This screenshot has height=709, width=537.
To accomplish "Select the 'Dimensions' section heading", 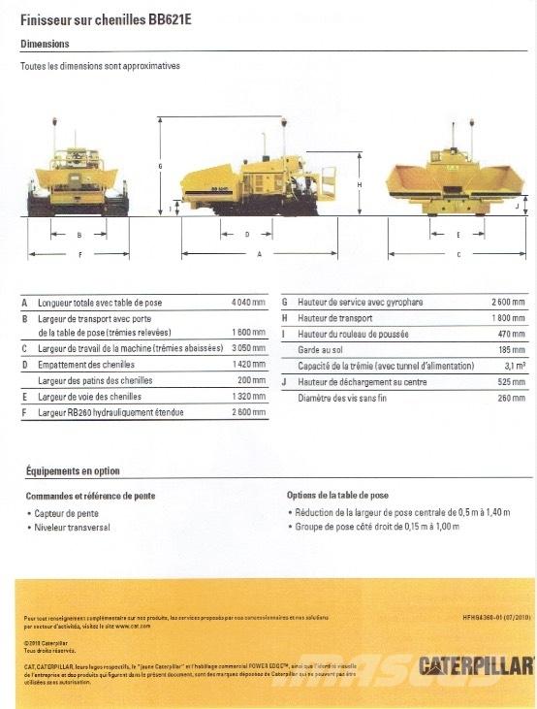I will (44, 44).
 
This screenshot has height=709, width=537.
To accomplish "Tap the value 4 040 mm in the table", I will (248, 303).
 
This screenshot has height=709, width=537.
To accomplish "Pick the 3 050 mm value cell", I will (248, 348).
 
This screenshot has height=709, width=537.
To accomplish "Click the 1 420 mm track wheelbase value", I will (248, 365).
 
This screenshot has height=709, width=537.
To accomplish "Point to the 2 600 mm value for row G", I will (508, 303).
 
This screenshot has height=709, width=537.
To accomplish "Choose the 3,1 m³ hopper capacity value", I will (515, 366).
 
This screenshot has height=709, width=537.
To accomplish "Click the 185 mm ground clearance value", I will (511, 350).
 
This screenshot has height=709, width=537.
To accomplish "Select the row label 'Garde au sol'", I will (323, 350).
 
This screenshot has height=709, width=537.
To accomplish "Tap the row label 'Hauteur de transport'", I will (335, 318).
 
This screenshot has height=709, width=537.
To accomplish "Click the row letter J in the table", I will (285, 381).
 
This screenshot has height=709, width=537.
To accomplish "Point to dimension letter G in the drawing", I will (160, 166).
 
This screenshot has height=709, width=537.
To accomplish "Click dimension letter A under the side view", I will (259, 254).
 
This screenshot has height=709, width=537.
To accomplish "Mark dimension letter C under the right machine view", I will (458, 254).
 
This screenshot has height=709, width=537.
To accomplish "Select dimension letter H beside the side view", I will (359, 183).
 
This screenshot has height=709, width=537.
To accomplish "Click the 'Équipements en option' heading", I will (73, 471).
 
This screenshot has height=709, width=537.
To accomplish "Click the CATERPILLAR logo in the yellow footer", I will (475, 665).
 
